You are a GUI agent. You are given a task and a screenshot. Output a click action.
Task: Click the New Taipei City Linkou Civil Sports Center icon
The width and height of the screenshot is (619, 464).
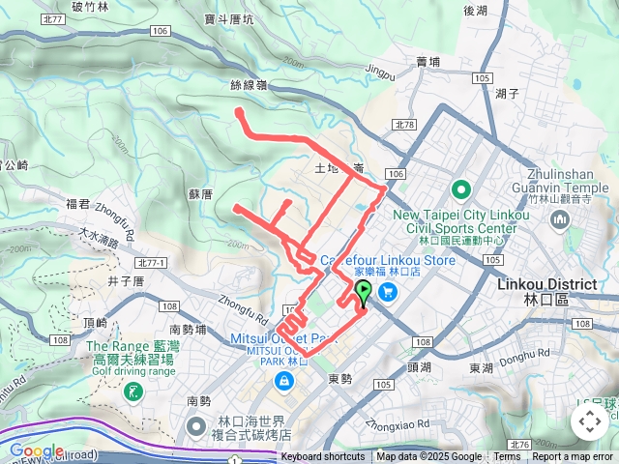point(461,188)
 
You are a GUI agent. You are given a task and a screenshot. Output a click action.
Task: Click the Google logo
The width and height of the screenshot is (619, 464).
point(36,450)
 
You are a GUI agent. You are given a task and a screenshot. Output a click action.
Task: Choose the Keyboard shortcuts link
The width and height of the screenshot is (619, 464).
point(323,456)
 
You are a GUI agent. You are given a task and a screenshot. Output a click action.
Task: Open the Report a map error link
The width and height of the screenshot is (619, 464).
point(573,456)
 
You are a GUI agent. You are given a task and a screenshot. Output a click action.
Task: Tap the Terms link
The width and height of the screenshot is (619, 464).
point(507,456)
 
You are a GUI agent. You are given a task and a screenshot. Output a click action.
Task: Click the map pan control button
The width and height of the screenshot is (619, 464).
point(589,421)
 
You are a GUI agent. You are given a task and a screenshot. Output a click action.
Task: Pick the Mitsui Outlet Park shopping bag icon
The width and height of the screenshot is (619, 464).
point(283,383)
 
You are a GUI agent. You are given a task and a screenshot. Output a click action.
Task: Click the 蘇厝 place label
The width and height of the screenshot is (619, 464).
point(201,193)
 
